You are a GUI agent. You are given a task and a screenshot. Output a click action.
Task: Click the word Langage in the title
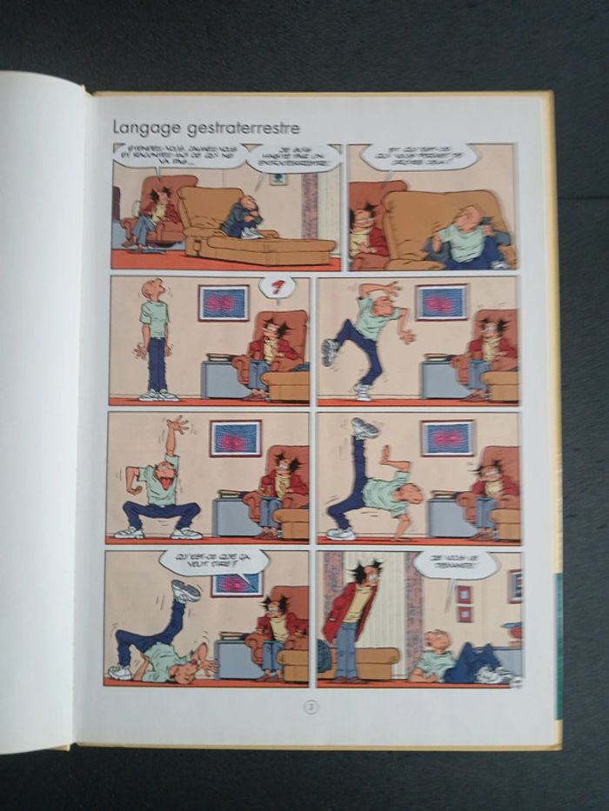144,128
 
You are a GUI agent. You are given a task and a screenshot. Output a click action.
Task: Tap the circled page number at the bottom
311,707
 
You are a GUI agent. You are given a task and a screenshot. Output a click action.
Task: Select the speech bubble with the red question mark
278,287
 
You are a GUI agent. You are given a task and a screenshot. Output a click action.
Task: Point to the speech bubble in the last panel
455,566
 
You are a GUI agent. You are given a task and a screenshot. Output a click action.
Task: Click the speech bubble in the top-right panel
419,156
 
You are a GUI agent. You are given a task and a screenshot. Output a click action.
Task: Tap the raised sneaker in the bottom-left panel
185,591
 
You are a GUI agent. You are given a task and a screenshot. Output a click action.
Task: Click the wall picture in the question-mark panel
224,302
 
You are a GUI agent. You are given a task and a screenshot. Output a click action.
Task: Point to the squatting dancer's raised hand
177,424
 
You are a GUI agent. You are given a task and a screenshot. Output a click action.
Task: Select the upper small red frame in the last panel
463,594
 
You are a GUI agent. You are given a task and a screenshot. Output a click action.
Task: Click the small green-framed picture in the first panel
278,179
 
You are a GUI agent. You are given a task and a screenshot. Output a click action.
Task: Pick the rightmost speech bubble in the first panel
292,157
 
